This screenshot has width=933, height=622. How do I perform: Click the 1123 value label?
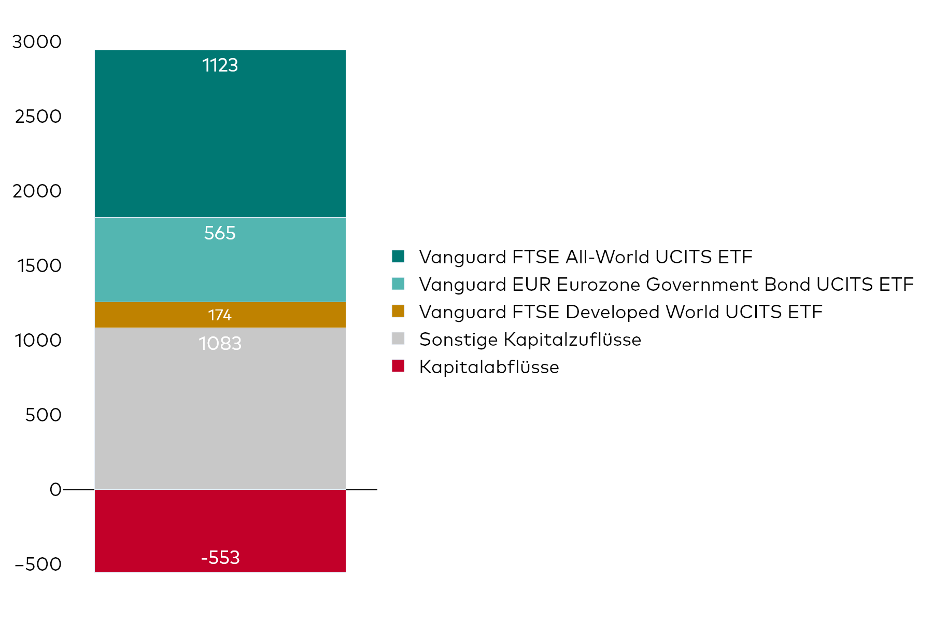pyautogui.click(x=220, y=65)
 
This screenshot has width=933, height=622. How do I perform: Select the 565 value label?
pyautogui.click(x=220, y=233)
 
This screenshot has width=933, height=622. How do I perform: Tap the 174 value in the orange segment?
pyautogui.click(x=220, y=315)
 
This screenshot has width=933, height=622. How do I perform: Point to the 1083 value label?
pyautogui.click(x=220, y=344)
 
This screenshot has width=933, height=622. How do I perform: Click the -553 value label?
pyautogui.click(x=220, y=558)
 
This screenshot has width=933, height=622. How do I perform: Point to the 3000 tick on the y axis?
pyautogui.click(x=37, y=42)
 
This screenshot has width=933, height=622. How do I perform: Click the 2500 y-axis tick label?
pyautogui.click(x=38, y=117)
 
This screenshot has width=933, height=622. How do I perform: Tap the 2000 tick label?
pyautogui.click(x=37, y=191)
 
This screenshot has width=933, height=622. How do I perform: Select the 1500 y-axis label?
pyautogui.click(x=39, y=266)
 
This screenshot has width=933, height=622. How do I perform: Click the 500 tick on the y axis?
pyautogui.click(x=43, y=415)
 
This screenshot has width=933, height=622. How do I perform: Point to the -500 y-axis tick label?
pyautogui.click(x=38, y=564)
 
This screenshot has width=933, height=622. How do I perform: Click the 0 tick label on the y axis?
pyautogui.click(x=55, y=490)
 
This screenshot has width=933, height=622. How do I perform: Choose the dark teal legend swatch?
pyautogui.click(x=398, y=257)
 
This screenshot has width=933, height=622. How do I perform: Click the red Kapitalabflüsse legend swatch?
pyautogui.click(x=398, y=366)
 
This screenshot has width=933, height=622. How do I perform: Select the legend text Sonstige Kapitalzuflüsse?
pyautogui.click(x=530, y=340)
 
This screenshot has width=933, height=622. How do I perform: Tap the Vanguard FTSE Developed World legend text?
pyautogui.click(x=620, y=312)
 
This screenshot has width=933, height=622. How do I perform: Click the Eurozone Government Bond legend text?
pyautogui.click(x=666, y=285)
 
